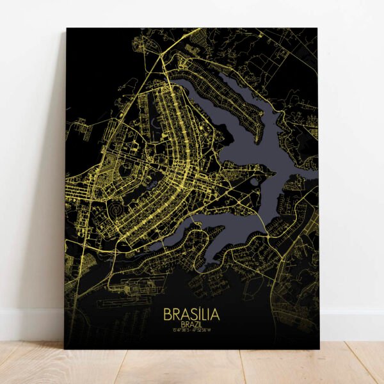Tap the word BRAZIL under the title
191,325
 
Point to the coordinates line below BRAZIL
191,332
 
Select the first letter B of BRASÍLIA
167,315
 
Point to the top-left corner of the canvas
67,28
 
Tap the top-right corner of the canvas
317,28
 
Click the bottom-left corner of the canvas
65,349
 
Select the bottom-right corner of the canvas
319,349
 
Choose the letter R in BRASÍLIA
176,315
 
